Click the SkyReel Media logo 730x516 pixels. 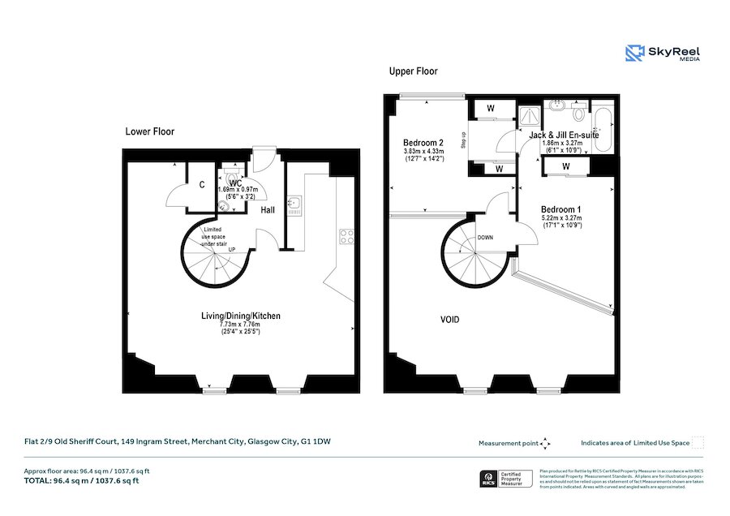click(663, 54)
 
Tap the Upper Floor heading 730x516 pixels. click(413, 71)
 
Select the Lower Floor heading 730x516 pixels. click(149, 131)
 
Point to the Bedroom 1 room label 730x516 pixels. click(561, 209)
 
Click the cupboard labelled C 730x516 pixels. click(201, 186)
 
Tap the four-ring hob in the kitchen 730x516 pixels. click(346, 237)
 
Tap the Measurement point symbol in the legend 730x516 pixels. click(545, 443)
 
